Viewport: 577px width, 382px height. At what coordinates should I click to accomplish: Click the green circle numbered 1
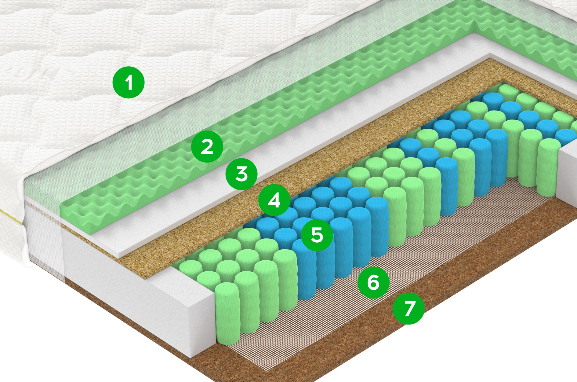(129, 83)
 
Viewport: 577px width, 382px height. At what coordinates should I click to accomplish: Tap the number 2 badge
(207, 147)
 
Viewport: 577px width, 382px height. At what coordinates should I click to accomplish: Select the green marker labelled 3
(241, 174)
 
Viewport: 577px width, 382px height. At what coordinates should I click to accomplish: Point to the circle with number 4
(274, 200)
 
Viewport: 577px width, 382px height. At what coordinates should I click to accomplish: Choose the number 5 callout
(317, 235)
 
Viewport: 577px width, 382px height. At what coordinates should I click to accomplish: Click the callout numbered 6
(373, 282)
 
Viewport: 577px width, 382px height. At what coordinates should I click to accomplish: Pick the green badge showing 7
(408, 308)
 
